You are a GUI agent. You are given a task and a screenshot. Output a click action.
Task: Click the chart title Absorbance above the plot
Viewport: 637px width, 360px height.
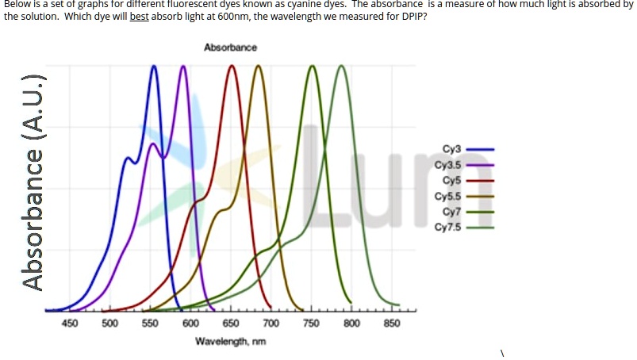pos(230,48)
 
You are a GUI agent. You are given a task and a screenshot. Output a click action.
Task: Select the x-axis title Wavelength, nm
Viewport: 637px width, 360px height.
pos(230,341)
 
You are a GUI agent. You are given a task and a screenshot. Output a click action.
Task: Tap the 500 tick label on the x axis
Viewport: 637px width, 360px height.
pos(109,324)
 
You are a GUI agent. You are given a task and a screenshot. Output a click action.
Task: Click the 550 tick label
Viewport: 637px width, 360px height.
pos(150,324)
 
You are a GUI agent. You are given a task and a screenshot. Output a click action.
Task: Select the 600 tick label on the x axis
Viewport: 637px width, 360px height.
pos(190,324)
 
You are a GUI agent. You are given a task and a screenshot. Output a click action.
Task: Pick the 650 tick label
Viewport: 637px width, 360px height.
pos(231,324)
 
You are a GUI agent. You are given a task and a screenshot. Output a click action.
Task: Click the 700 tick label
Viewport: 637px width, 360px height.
pos(271,324)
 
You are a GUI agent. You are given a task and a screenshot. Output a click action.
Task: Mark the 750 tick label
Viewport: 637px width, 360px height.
pos(311,324)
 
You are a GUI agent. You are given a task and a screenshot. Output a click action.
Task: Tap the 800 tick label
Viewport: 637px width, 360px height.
pos(351,324)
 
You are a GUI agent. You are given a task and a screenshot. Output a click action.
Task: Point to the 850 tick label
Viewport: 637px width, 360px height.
pos(392,324)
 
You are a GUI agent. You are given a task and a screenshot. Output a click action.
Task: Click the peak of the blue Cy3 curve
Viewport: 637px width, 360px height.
pos(154,67)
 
